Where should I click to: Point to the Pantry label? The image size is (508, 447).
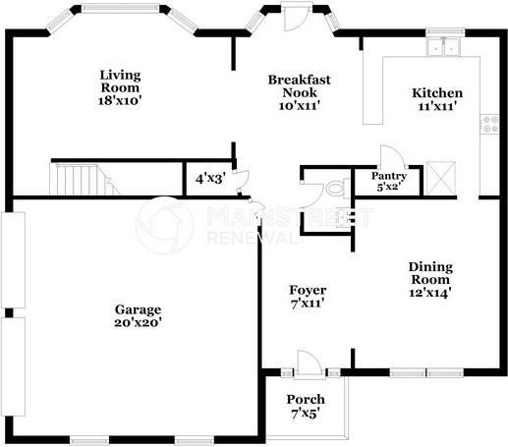[x=387, y=180]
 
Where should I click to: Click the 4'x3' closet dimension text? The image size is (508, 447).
[x=210, y=179]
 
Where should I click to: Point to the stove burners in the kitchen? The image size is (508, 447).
[x=488, y=124]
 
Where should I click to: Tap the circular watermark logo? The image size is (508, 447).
[x=164, y=225]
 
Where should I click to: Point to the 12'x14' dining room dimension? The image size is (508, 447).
[x=430, y=292]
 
